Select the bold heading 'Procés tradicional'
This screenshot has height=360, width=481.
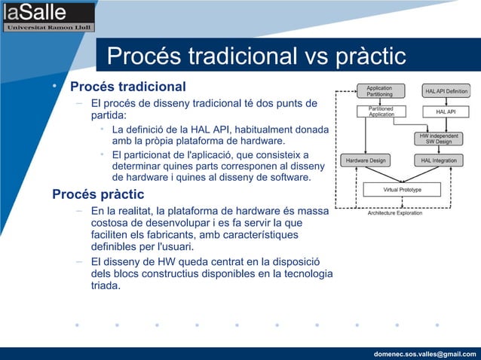coord(127,86)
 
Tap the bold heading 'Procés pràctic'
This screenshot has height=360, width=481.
coord(98,195)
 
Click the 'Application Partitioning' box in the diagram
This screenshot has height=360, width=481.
coord(379,91)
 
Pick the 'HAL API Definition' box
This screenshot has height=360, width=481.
coord(446,91)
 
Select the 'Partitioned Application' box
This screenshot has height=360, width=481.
coord(381,111)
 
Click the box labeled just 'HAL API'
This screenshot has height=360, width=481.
coord(446,111)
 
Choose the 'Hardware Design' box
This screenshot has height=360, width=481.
coord(366,160)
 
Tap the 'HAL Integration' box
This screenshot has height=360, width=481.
coord(440,160)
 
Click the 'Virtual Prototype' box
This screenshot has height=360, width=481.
coord(402,190)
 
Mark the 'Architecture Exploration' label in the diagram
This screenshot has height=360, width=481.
coord(394,213)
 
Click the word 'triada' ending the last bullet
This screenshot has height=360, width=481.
coord(105,285)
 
